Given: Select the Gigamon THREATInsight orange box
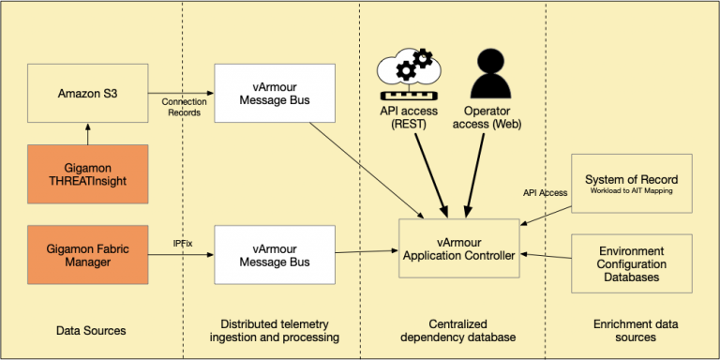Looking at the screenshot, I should click(88, 172).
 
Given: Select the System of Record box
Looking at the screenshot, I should click(631, 185).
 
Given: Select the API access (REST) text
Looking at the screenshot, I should click(405, 118).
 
